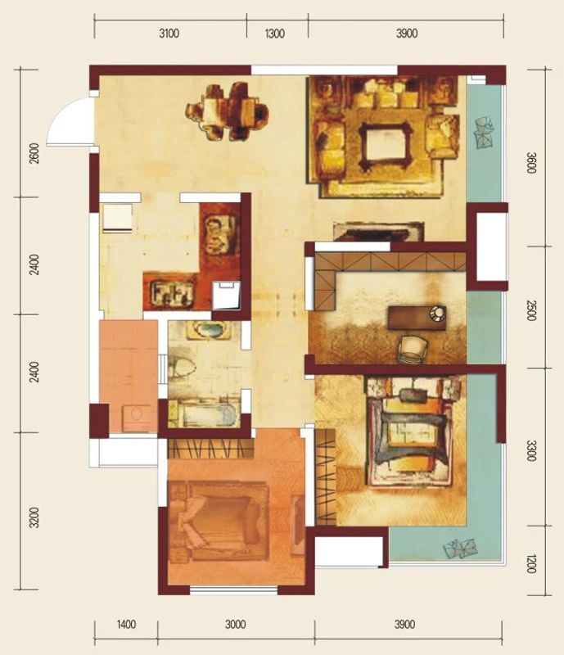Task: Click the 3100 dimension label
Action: (169, 34)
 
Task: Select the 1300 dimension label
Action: (275, 34)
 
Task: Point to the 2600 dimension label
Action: (35, 153)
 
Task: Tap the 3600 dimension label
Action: (531, 163)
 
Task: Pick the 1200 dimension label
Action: (530, 563)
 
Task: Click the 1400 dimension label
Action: (126, 625)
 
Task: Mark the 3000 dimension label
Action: (235, 625)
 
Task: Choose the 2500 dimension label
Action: (530, 310)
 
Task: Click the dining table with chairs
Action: (228, 111)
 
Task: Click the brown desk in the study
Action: (417, 318)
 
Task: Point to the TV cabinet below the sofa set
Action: (378, 232)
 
